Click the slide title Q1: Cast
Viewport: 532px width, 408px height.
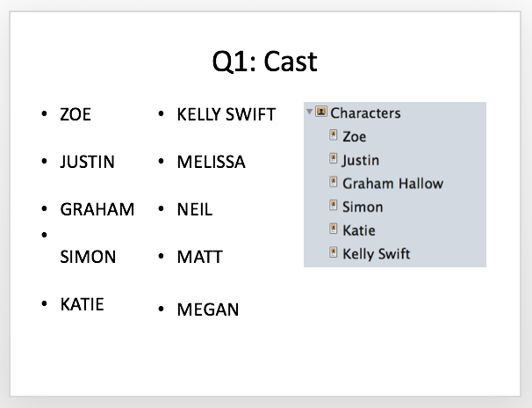pos(264,62)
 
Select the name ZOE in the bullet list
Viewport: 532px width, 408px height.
pos(75,114)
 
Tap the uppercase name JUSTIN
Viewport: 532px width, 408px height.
pos(87,162)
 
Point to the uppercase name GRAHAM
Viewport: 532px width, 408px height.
pos(97,209)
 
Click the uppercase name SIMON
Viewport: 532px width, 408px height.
pos(88,257)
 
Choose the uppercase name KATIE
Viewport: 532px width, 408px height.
pos(82,304)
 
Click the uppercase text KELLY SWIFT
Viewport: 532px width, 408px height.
pos(226,114)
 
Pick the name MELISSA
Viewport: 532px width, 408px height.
pos(211,162)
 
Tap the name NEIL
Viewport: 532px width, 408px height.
pos(195,209)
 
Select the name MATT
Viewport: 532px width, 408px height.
pos(200,257)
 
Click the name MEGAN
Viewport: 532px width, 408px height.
pos(208,310)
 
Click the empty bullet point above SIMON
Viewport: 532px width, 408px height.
pos(44,235)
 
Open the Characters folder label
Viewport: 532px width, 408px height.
pos(365,113)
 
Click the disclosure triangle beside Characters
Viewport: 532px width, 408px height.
pos(309,112)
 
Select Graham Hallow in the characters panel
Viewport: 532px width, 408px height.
pos(393,184)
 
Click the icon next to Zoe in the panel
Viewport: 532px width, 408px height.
pos(334,135)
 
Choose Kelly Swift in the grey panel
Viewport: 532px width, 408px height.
pos(377,254)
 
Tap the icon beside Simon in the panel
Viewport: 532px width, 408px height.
pos(334,205)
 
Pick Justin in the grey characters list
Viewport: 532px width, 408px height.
pos(360,160)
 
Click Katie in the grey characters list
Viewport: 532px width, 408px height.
pos(359,230)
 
